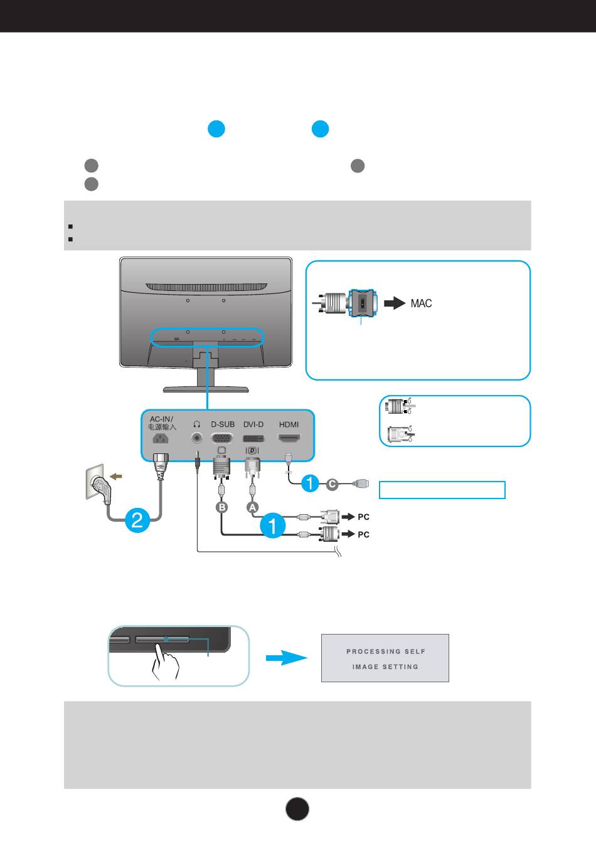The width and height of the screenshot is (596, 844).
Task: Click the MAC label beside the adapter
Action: pyautogui.click(x=421, y=303)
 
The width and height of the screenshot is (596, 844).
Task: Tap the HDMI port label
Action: pyautogui.click(x=289, y=425)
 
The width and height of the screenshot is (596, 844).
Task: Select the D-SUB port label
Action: pyautogui.click(x=223, y=425)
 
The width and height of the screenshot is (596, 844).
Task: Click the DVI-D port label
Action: pyautogui.click(x=253, y=425)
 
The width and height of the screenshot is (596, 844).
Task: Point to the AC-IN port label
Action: pyautogui.click(x=161, y=419)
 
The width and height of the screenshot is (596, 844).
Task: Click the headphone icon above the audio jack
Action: pyautogui.click(x=196, y=425)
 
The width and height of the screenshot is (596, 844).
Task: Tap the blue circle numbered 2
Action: pyautogui.click(x=137, y=520)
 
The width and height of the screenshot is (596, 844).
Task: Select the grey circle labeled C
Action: pyautogui.click(x=332, y=484)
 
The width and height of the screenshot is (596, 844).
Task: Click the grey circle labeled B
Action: pyautogui.click(x=222, y=507)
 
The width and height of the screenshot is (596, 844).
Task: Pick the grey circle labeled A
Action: pyautogui.click(x=253, y=507)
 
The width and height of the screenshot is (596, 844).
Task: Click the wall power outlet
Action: pyautogui.click(x=95, y=481)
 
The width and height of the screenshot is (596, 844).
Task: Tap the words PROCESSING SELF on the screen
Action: pyautogui.click(x=386, y=651)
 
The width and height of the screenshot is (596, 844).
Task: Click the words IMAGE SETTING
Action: pyautogui.click(x=385, y=667)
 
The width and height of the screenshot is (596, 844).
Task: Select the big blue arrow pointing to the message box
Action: pyautogui.click(x=287, y=658)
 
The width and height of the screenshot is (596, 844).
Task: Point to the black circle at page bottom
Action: pyautogui.click(x=297, y=809)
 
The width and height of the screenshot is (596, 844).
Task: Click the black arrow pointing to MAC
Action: pyautogui.click(x=395, y=303)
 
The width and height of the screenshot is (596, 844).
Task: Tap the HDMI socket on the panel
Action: pyautogui.click(x=289, y=438)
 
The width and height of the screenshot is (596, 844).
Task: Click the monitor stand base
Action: pyautogui.click(x=206, y=389)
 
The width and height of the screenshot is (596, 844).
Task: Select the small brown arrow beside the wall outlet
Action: pyautogui.click(x=117, y=477)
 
